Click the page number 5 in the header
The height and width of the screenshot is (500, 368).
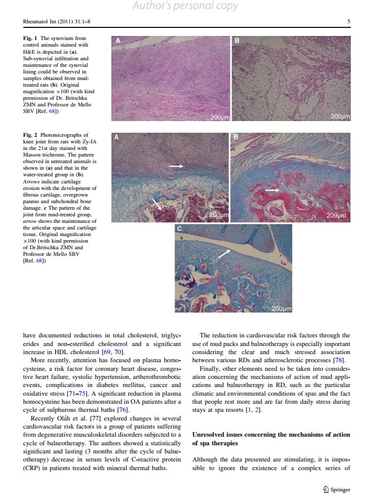tap(349, 22)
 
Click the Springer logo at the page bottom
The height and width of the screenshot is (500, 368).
tap(336, 489)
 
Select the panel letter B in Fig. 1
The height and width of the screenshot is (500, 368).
tap(237, 41)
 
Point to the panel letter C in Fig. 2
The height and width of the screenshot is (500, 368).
tap(179, 229)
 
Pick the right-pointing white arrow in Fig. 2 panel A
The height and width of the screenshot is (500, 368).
tap(176, 166)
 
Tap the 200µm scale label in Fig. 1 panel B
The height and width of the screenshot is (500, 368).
tap(340, 117)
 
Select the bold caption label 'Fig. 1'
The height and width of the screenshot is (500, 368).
tap(30, 39)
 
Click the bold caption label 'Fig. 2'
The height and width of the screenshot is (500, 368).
tap(30, 135)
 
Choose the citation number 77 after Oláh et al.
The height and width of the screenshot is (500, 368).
tap(95, 418)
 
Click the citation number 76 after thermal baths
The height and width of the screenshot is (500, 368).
tap(122, 409)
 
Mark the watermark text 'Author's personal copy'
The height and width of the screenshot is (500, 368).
tap(185, 6)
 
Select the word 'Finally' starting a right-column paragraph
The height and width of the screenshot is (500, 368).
tap(210, 369)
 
